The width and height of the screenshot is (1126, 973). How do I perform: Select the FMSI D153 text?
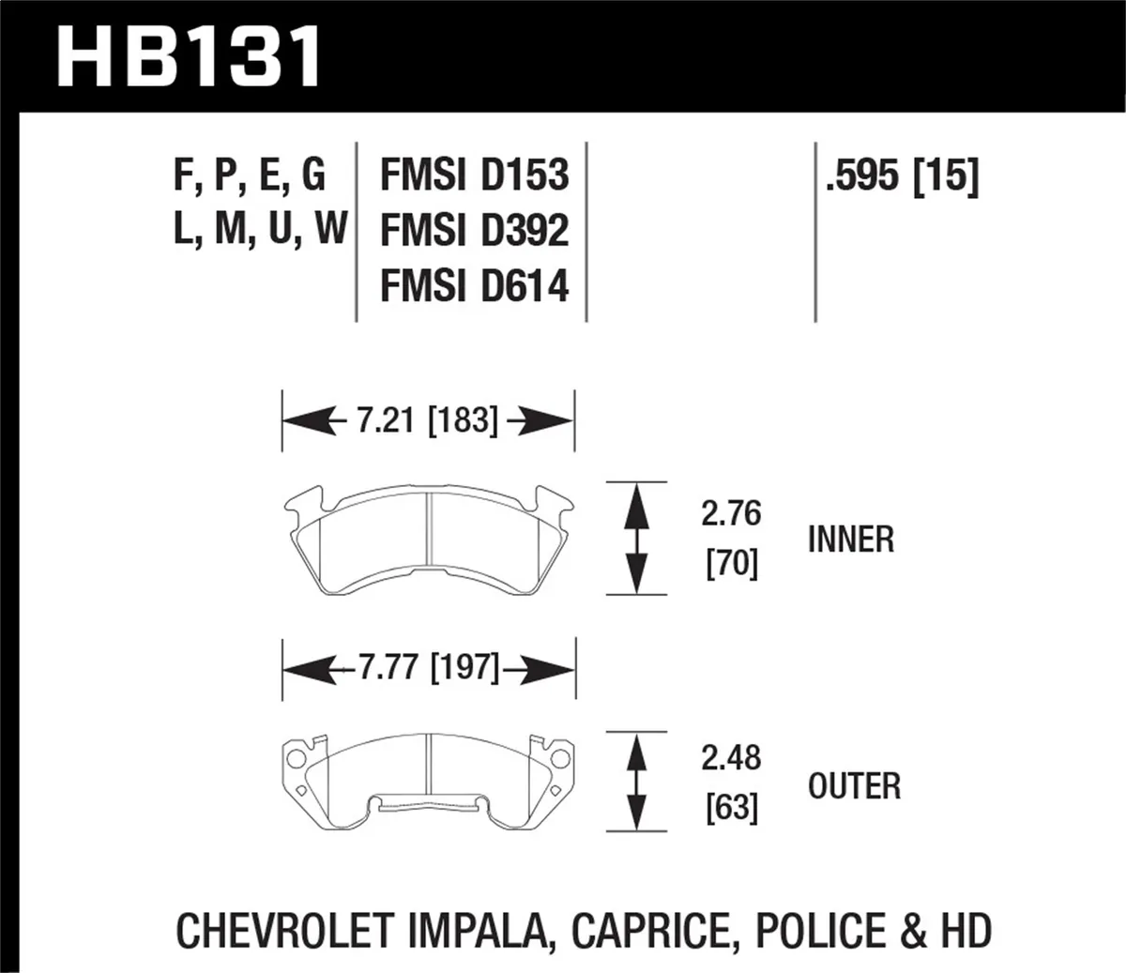coord(474,175)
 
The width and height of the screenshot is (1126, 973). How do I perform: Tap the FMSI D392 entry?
coord(474,230)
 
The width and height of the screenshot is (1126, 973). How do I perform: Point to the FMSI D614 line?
coord(474,285)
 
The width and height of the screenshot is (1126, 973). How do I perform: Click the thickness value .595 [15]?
coord(901,175)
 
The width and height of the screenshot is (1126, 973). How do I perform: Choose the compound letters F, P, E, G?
coord(250,175)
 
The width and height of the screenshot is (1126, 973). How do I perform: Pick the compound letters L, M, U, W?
coord(260,230)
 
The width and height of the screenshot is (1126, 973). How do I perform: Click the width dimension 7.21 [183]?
coord(427,420)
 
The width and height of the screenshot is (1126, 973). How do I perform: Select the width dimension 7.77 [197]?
coord(427,668)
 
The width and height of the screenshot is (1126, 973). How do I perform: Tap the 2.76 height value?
coord(732,514)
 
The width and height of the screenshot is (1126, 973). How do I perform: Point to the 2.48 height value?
coord(732,757)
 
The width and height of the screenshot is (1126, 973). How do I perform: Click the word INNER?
coord(851,540)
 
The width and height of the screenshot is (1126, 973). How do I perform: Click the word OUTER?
coord(854,785)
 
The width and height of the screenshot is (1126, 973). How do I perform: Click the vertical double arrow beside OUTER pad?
coord(637,781)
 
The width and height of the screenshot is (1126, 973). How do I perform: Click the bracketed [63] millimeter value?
coord(732,807)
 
